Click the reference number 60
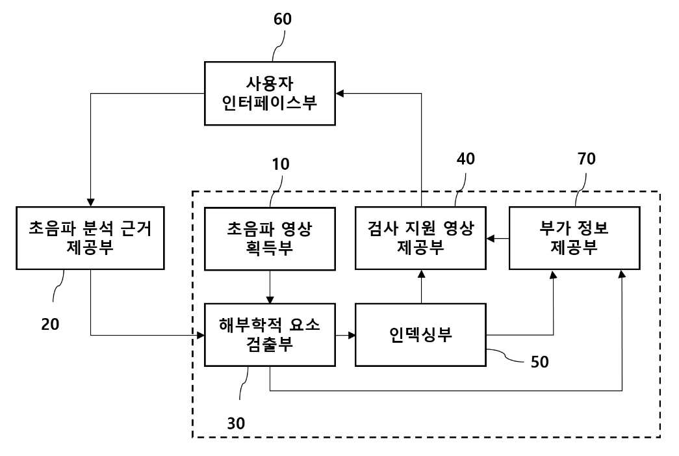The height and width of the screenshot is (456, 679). click(283, 19)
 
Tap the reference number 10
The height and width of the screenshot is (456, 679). click(280, 165)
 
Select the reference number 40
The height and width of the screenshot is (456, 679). click(465, 159)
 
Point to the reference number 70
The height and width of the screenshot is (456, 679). click(586, 159)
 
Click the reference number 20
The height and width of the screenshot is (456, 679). click(50, 324)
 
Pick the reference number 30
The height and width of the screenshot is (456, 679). click(236, 423)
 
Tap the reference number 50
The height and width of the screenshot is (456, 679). click(539, 362)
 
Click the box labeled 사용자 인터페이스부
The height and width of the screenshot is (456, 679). click(270, 94)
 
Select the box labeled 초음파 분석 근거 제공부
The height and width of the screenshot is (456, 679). click(90, 238)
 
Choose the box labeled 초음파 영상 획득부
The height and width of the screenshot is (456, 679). click(270, 239)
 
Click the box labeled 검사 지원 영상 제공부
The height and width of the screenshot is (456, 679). click(420, 238)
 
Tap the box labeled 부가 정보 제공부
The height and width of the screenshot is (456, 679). click(574, 238)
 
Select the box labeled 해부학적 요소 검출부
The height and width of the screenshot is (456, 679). click(270, 334)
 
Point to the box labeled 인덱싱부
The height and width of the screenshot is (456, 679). click(420, 334)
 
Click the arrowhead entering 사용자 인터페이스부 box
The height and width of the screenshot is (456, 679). click(340, 94)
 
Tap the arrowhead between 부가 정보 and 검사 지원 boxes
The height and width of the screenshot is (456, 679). click(491, 238)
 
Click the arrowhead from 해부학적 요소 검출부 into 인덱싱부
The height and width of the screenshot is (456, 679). click(351, 334)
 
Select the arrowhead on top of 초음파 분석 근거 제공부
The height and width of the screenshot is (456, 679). click(90, 202)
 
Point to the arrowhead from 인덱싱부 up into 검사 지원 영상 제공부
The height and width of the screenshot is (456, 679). click(421, 274)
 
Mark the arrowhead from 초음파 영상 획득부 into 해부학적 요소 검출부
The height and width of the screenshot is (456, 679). click(270, 299)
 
